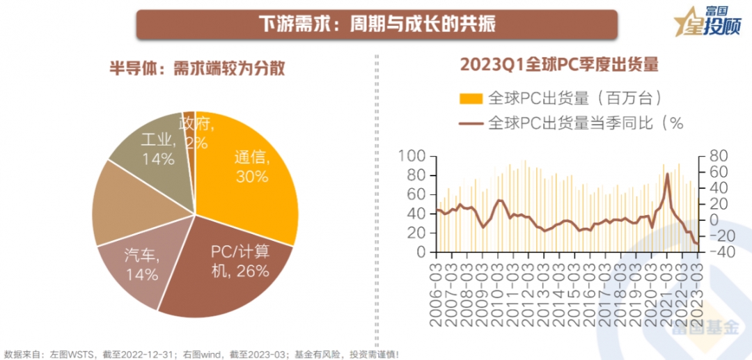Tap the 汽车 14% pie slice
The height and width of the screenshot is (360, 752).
pyautogui.click(x=139, y=265)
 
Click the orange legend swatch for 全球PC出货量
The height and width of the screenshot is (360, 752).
pyautogui.click(x=473, y=97)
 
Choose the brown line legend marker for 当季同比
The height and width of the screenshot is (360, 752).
pyautogui.click(x=473, y=123)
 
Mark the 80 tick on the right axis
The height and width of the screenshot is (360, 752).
pyautogui.click(x=717, y=156)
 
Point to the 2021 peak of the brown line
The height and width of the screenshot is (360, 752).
pyautogui.click(x=667, y=174)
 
